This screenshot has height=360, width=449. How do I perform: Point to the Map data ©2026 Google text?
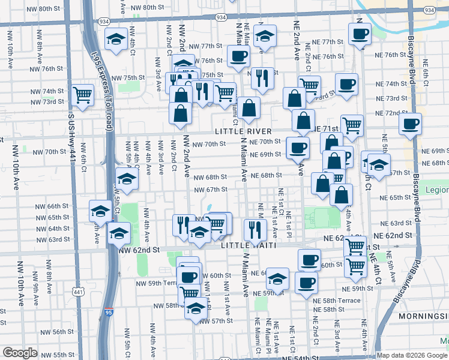click(411, 355)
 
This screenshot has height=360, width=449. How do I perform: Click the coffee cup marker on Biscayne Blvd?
click(411, 124)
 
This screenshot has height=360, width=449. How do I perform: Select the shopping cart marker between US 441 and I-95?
click(82, 95)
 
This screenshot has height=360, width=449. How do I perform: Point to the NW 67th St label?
click(210, 190)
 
